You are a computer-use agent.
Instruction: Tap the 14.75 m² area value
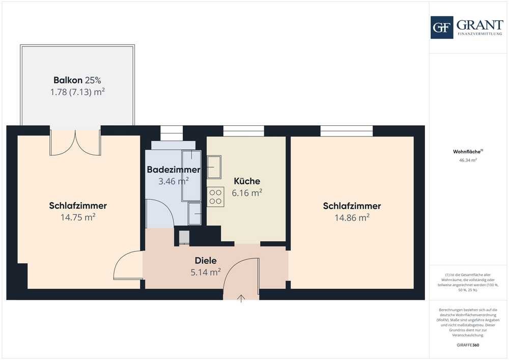tap(78, 217)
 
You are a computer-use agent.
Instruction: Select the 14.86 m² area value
tap(352, 217)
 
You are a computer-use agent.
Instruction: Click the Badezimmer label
tap(174, 170)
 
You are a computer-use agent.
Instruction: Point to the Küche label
tap(247, 181)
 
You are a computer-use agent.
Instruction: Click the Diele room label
tap(206, 260)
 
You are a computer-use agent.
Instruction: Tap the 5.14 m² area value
tap(206, 272)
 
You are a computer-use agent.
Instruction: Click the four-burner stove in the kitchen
tap(215, 197)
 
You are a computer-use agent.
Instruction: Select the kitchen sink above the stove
tap(214, 167)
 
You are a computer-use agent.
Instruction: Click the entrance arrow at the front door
tap(241, 299)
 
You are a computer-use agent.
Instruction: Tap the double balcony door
tap(75, 143)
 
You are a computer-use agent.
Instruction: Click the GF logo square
tap(442, 27)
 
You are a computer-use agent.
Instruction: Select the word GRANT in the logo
tap(480, 24)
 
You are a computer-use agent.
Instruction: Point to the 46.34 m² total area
tap(468, 160)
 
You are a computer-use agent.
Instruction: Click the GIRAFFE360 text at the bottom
tap(468, 345)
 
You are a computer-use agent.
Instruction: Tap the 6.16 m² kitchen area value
tap(247, 193)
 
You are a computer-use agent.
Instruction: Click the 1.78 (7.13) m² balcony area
tap(77, 92)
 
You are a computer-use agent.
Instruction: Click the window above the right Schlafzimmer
tap(346, 131)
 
